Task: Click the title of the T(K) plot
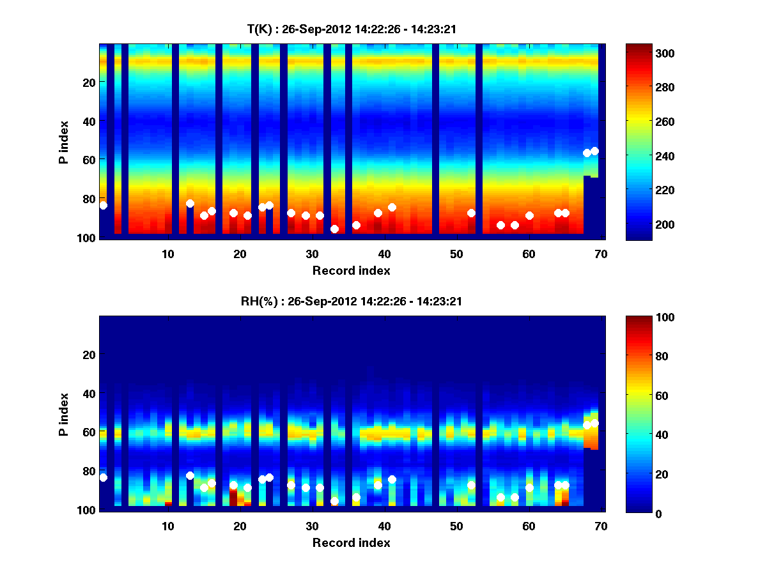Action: click(x=351, y=29)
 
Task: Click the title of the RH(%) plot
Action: click(x=351, y=301)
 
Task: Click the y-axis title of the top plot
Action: click(x=64, y=141)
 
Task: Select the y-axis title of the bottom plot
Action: click(x=64, y=413)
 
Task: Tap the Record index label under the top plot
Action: click(x=351, y=271)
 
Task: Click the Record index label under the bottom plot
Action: click(x=351, y=543)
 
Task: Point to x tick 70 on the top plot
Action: click(x=601, y=254)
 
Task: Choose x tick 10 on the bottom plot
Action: click(x=167, y=526)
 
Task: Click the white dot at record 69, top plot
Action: click(x=594, y=151)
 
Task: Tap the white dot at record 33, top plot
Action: click(x=334, y=229)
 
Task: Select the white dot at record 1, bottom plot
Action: click(x=103, y=477)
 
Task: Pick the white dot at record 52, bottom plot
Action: click(x=471, y=485)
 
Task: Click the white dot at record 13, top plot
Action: click(x=190, y=203)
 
